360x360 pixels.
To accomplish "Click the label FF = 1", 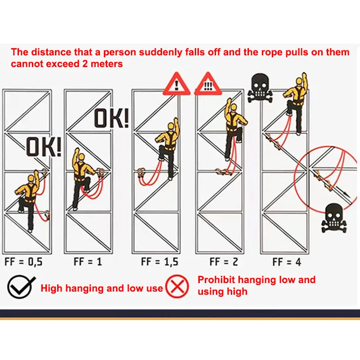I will click(x=87, y=261).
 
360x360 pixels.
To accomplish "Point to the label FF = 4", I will click(x=287, y=261).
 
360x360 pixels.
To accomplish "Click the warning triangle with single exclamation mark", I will click(x=176, y=84).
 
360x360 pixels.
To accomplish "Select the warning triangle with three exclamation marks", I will click(x=208, y=85).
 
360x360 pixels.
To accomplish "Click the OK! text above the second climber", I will click(x=111, y=118).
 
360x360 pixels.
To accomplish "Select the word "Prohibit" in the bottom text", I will click(x=216, y=280).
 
